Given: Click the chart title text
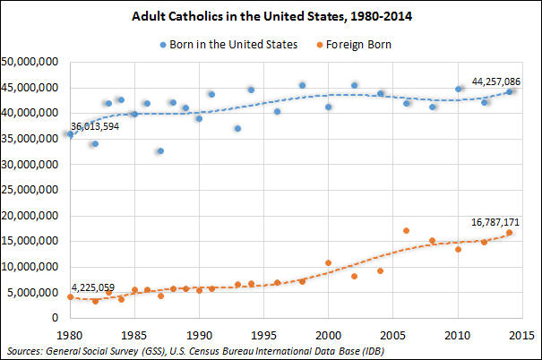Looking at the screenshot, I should (x=270, y=16).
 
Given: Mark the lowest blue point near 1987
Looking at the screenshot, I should (x=160, y=151).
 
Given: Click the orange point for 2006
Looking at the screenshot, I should (x=406, y=231).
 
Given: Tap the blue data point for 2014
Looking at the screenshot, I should (x=509, y=91).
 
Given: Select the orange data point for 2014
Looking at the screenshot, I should (x=509, y=233).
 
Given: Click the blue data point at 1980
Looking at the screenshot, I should (x=71, y=134).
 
